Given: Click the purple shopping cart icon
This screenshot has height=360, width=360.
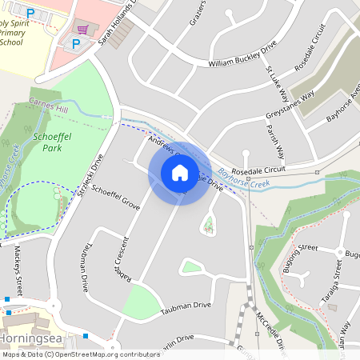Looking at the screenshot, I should click(x=82, y=29).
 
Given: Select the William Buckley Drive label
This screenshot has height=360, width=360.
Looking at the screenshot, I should click(x=241, y=62).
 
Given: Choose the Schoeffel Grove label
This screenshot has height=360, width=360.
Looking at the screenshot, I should click(x=116, y=199).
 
